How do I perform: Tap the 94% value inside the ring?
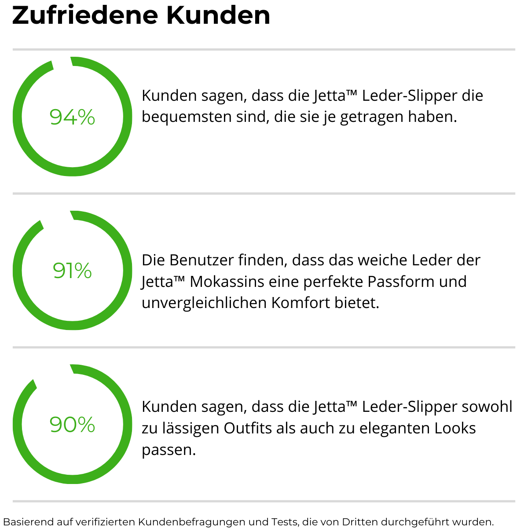(72, 117)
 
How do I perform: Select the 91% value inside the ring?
(72, 271)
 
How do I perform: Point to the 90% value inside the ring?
(72, 425)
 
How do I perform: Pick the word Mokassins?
(227, 282)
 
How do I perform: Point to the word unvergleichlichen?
(204, 303)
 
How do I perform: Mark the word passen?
(168, 450)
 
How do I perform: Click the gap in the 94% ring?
(62, 62)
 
